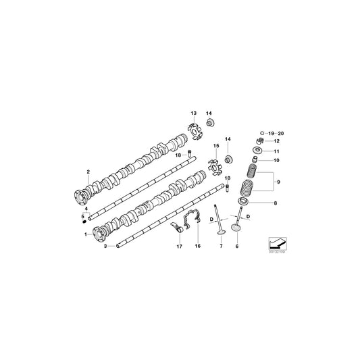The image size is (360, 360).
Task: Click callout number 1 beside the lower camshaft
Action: coord(86,234)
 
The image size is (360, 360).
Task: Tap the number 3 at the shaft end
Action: coord(105,247)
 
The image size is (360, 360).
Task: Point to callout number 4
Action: coord(86,209)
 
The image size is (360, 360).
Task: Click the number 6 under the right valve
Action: coord(237,247)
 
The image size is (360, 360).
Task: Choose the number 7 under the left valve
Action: coord(220,247)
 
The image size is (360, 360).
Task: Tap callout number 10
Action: coord(275,161)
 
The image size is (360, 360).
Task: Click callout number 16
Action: coord(198,247)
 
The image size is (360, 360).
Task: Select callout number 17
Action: coord(180,247)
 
